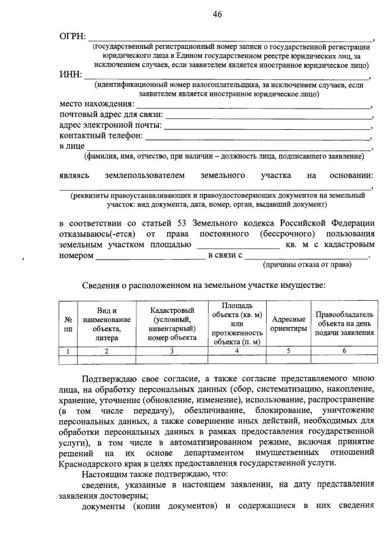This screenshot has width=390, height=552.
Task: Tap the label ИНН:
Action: point(71,76)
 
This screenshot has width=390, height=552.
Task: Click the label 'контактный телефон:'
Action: point(101,135)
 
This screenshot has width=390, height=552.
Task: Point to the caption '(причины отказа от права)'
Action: point(306,265)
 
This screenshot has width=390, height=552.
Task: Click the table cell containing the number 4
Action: point(237,351)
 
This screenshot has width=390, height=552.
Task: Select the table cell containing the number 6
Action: point(344,351)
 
